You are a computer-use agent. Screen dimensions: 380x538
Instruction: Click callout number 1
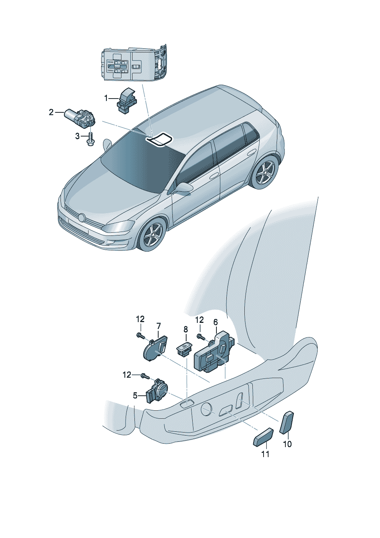(106, 98)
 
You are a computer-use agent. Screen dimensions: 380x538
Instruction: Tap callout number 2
(51, 112)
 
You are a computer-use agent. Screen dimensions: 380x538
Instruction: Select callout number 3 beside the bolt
(77, 137)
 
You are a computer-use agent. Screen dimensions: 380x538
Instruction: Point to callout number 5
(135, 395)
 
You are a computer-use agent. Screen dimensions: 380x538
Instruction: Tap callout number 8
(186, 329)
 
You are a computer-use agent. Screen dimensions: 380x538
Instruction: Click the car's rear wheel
(264, 172)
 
